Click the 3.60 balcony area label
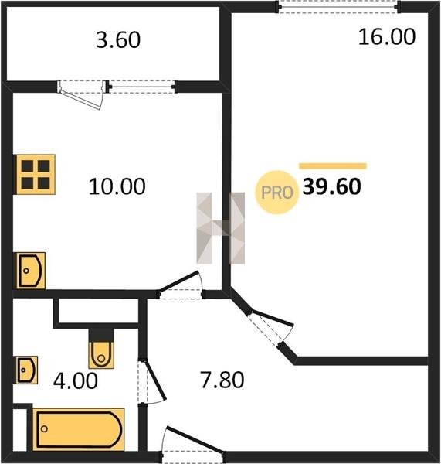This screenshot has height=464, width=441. click(118, 40)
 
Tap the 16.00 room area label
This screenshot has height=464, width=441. click(387, 36)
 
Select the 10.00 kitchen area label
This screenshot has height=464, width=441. click(117, 186)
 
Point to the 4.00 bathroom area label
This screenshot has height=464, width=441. click(76, 380)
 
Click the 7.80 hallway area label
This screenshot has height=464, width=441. click(222, 380)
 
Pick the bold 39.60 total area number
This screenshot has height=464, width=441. click(331, 186)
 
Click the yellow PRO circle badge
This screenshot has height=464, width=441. click(277, 193)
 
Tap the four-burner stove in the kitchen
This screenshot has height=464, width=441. click(35, 175)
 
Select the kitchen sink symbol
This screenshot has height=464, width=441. click(29, 271)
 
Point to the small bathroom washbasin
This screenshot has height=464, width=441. click(25, 370)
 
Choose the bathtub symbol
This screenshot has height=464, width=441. click(78, 429)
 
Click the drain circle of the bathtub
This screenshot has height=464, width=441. click(44, 428)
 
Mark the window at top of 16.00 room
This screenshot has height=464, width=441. click(338, 6)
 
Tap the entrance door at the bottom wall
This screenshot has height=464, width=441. click(193, 445)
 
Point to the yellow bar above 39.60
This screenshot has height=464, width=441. click(333, 165)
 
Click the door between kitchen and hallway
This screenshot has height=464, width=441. click(180, 285)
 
